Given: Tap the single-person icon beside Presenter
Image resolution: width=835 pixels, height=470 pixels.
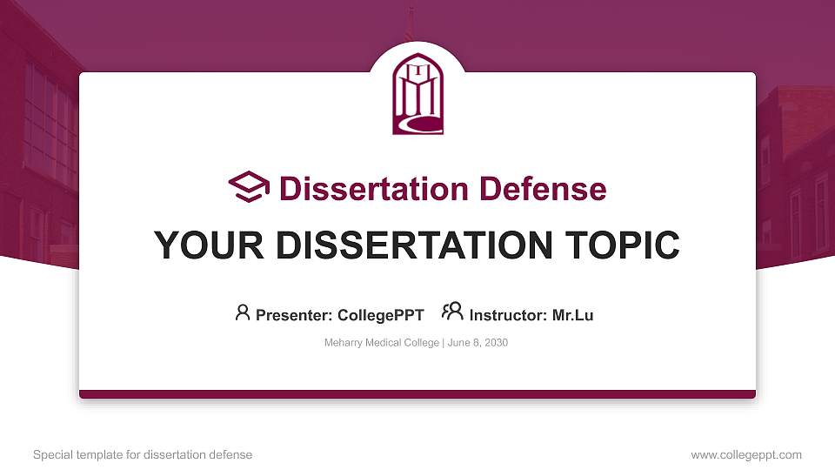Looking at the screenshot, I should pos(243,312).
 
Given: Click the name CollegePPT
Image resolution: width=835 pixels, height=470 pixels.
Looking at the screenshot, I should pos(382,315).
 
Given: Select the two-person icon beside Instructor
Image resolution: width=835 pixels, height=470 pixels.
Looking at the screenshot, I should pos(452,312).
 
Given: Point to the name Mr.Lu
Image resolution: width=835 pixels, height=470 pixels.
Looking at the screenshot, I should pos(573,315).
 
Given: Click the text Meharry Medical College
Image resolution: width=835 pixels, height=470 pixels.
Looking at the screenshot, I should pos(382,343).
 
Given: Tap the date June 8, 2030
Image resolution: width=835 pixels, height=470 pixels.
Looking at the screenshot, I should pos(478,343).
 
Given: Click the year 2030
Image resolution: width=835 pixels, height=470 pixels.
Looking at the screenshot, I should pos(495,343).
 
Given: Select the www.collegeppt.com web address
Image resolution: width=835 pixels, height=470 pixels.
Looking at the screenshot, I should pos(746,455).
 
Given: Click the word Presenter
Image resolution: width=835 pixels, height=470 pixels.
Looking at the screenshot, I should pos(288,315).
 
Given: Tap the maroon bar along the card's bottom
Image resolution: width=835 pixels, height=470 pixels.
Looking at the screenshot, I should pos(417,394).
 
